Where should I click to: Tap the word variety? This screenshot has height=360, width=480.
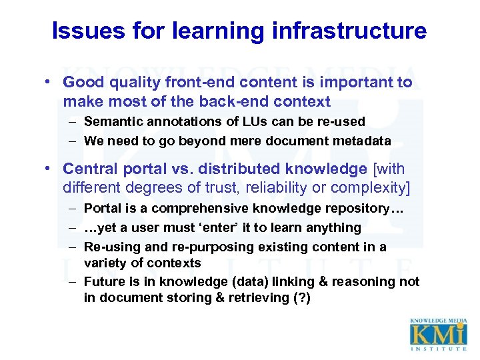click(x=105, y=263)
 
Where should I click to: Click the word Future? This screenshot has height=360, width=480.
click(x=105, y=281)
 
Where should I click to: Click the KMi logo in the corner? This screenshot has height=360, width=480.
click(x=439, y=334)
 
